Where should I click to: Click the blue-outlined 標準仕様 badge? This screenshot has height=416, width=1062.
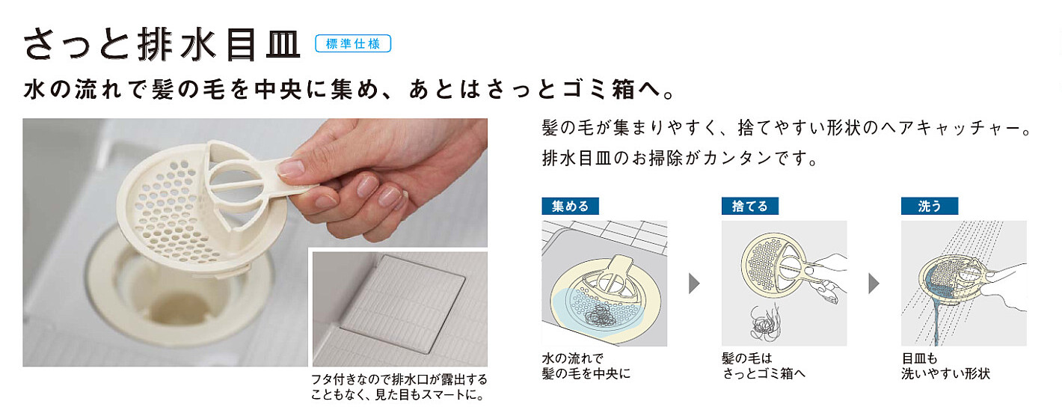(x=353, y=43)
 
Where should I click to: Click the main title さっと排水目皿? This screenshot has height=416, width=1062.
(x=162, y=44)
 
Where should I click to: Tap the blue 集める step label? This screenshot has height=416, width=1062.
(x=570, y=206)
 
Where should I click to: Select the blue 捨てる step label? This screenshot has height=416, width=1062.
(x=749, y=206)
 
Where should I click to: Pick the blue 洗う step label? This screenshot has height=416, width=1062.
(x=929, y=206)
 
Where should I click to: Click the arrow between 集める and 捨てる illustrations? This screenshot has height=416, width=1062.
(x=694, y=283)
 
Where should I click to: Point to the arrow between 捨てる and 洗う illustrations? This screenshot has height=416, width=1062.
(x=874, y=283)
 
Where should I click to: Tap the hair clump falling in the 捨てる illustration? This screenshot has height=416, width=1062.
(x=764, y=322)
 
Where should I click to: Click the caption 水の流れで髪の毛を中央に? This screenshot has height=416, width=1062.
(x=586, y=366)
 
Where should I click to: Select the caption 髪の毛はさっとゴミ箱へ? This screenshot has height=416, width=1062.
(x=764, y=366)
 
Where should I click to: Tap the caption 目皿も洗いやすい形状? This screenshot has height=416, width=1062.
(x=945, y=366)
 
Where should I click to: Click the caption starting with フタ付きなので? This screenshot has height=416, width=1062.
(x=399, y=387)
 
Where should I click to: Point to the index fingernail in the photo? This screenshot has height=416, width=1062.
(x=290, y=168)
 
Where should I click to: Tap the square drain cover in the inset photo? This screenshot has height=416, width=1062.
(x=402, y=304)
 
